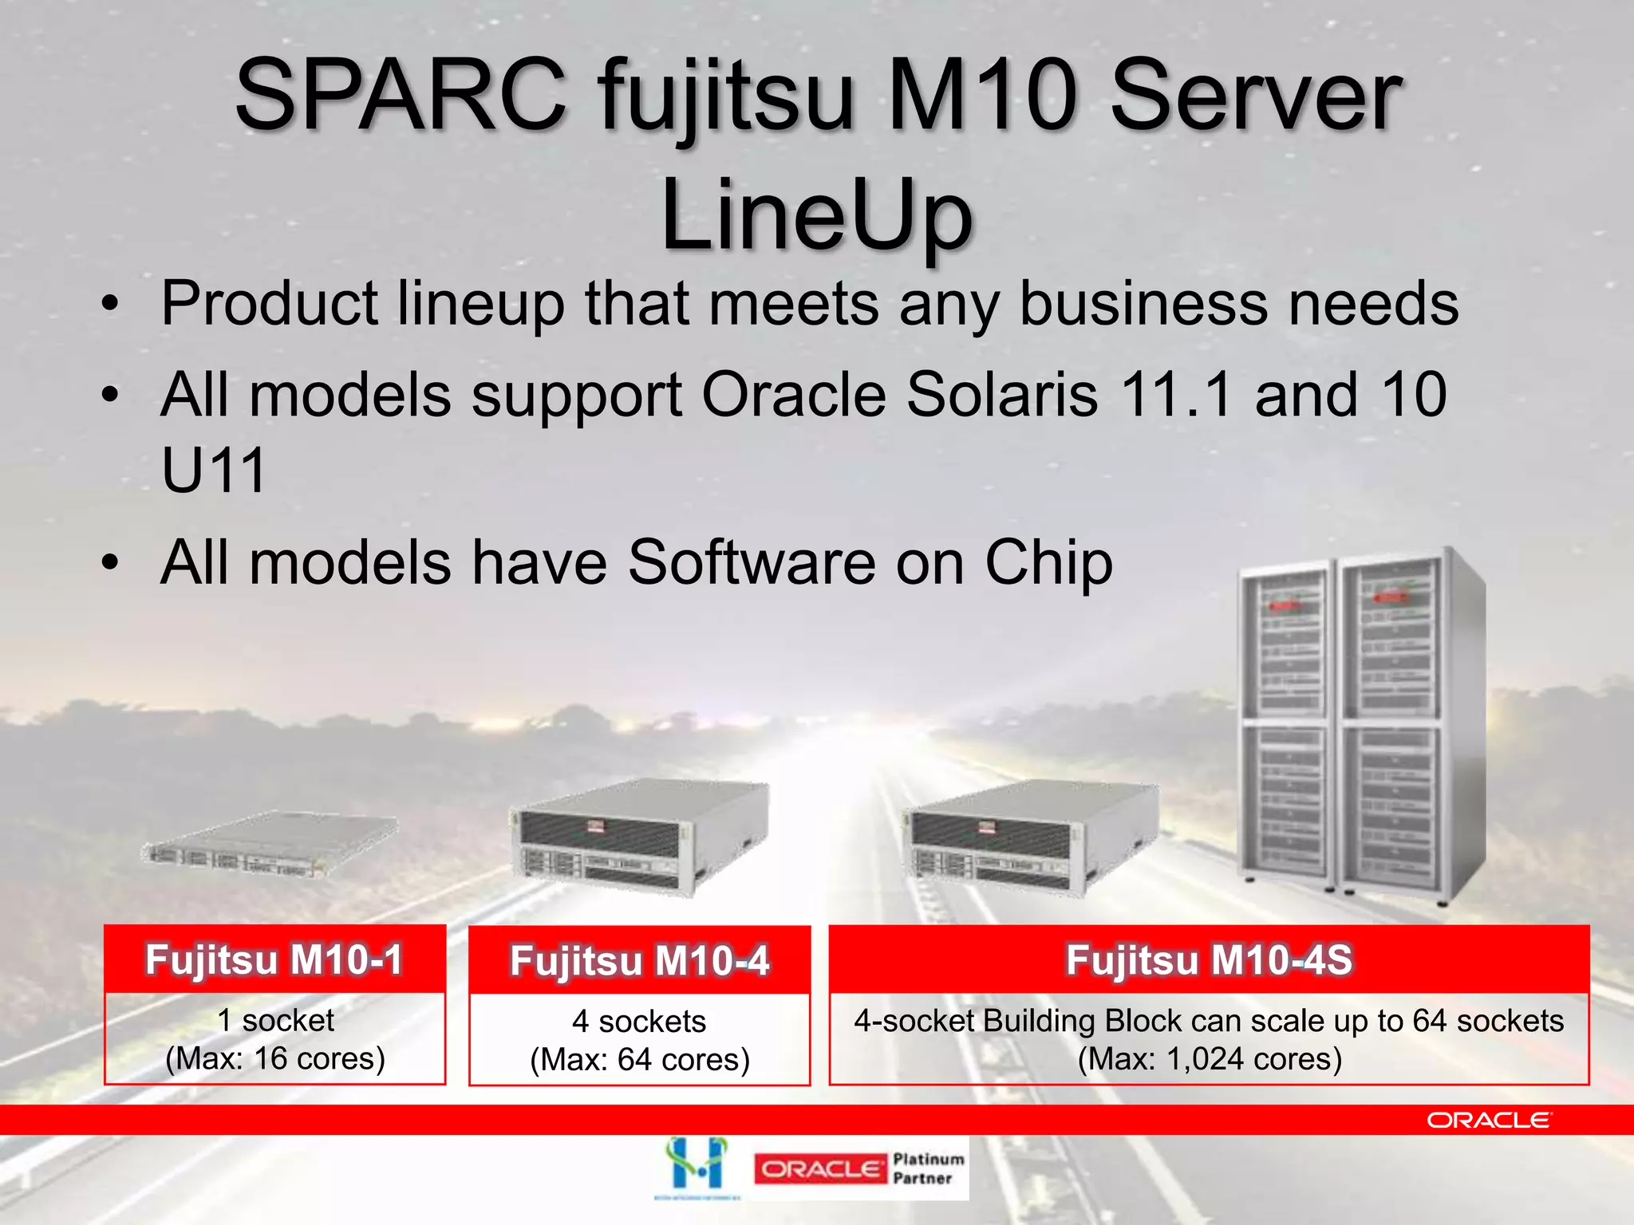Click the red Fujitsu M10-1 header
pyautogui.click(x=274, y=959)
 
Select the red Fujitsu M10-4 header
pyautogui.click(x=639, y=960)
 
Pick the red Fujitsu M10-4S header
pyautogui.click(x=1209, y=959)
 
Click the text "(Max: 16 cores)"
pyautogui.click(x=274, y=1058)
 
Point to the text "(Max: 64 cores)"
pyautogui.click(x=639, y=1060)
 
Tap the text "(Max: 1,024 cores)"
pyautogui.click(x=1209, y=1059)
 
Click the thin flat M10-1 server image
pyautogui.click(x=270, y=847)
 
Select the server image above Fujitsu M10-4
pyautogui.click(x=639, y=837)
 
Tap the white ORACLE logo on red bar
pyautogui.click(x=1489, y=1121)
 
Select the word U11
pyautogui.click(x=213, y=471)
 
